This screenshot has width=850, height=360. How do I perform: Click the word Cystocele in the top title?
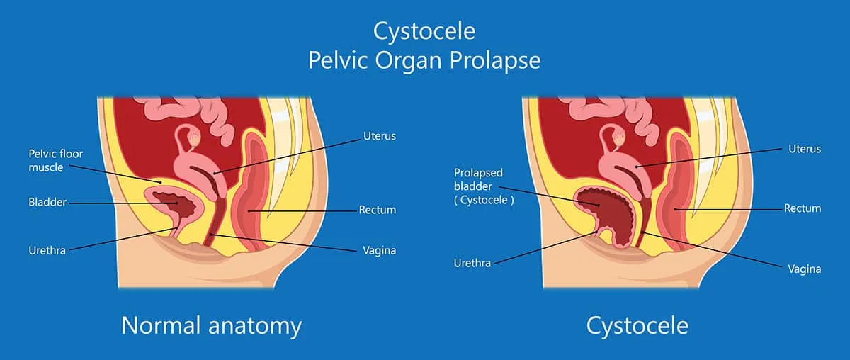424,31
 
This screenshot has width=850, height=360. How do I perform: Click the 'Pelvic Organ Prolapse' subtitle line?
424,60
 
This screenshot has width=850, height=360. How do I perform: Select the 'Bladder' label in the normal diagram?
47,203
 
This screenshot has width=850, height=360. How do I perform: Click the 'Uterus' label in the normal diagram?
379,136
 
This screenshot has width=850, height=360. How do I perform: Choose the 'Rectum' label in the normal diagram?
377,210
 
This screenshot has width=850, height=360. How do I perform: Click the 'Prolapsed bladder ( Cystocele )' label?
484,186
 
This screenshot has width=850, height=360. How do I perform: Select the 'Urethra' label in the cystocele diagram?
472,263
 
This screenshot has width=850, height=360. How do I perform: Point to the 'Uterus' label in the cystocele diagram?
805,149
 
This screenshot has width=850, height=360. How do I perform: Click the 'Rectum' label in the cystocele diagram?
803,208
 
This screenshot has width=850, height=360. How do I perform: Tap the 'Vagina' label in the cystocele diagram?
804,269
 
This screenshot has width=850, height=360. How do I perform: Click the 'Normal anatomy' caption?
211,325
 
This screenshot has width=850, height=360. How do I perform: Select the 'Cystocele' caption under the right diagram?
637,325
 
